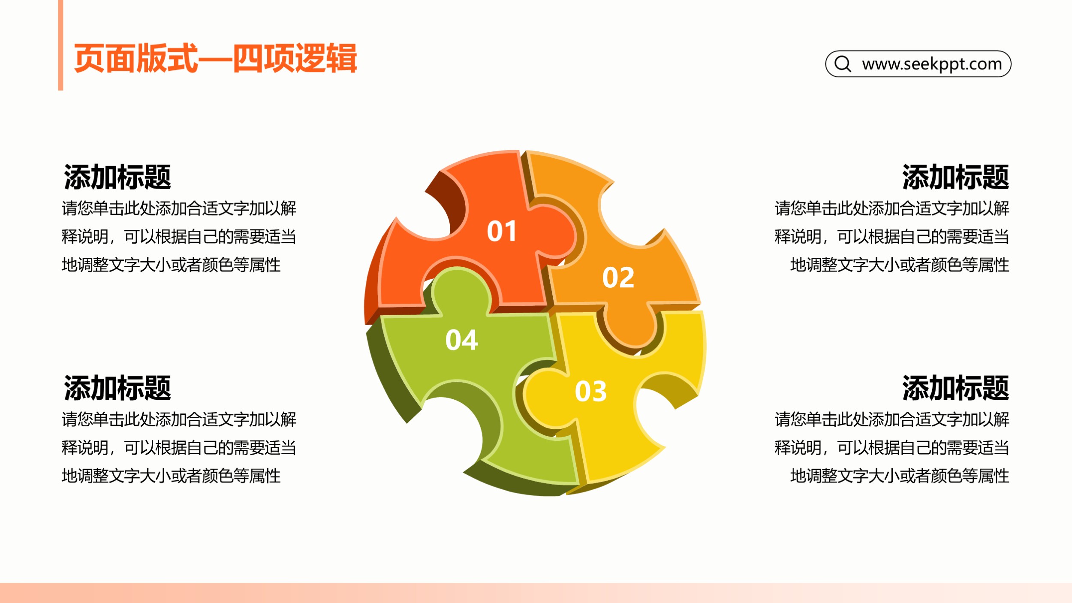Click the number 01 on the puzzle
(501, 231)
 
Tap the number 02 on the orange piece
(618, 277)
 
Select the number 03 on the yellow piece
(591, 391)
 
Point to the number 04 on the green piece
(461, 340)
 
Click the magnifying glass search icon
(843, 64)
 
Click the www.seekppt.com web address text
(932, 64)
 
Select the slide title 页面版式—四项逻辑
(216, 58)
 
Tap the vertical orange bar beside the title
(60, 45)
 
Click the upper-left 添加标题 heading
(117, 177)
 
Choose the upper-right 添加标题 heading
(955, 177)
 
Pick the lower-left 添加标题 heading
(117, 388)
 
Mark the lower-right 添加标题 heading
(955, 388)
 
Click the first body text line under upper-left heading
(179, 208)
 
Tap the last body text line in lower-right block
(900, 476)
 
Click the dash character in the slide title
(216, 59)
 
